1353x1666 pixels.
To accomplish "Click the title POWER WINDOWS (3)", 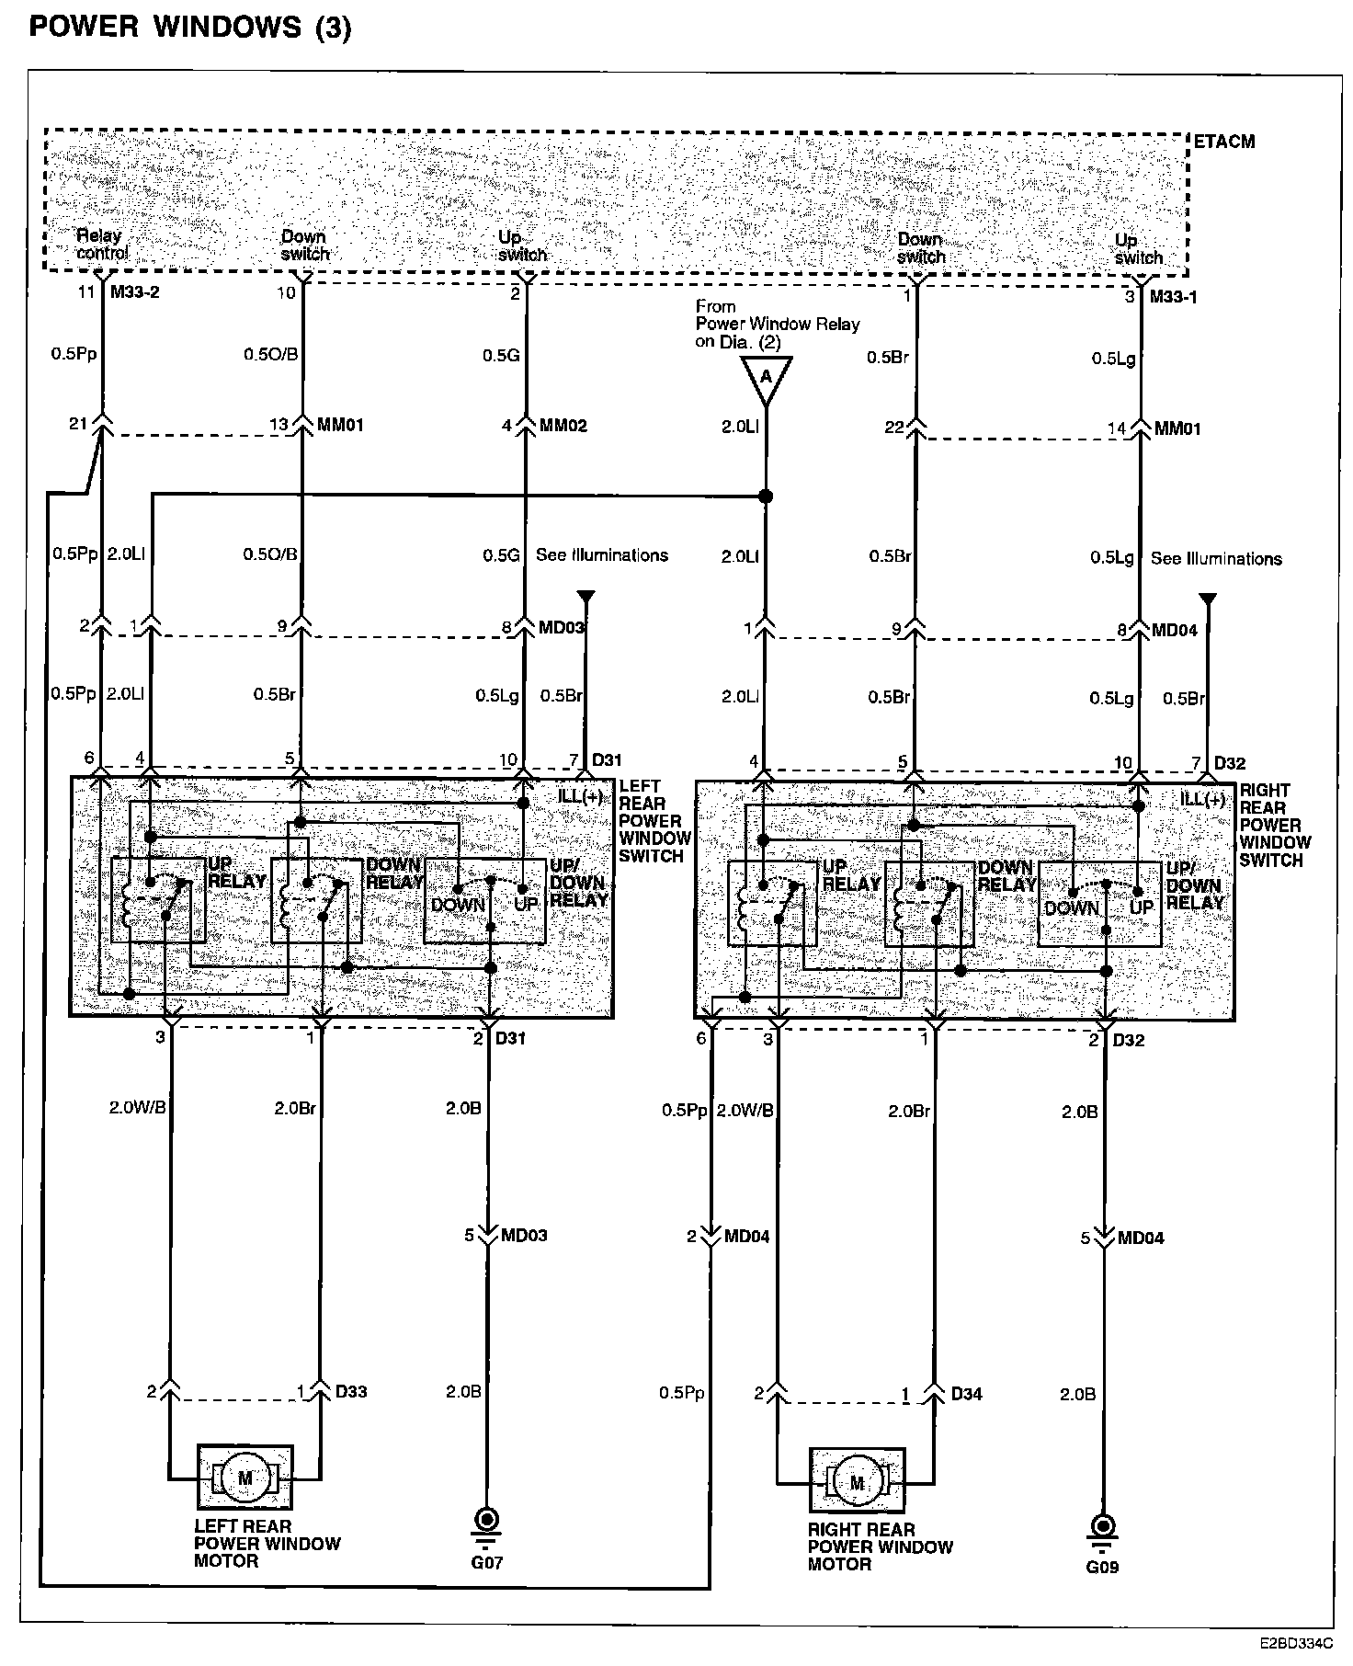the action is pos(190,28).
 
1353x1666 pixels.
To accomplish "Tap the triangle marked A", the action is pos(765,379).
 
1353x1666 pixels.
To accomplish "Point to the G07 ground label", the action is pos(487,1562).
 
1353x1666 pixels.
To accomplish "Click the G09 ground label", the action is pos(1102,1567).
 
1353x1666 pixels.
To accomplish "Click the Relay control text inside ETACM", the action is pos(100,245).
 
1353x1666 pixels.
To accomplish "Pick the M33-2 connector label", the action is pos(135,293).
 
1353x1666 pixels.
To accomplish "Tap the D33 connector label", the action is pos(351,1391).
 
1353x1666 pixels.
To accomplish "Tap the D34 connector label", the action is pos(966,1394).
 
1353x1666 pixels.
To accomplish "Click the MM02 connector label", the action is pos(563,426).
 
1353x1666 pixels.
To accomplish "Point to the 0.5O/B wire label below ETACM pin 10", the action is pos(270,354).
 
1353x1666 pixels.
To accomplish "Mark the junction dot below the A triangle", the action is pos(765,496).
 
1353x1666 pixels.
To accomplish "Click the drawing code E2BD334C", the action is pos(1297,1640).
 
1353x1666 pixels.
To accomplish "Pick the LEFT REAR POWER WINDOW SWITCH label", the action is pos(654,821).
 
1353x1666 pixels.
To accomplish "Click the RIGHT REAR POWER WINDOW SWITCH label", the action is pos(1274,825).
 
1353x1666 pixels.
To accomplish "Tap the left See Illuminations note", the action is pos(602,555).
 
